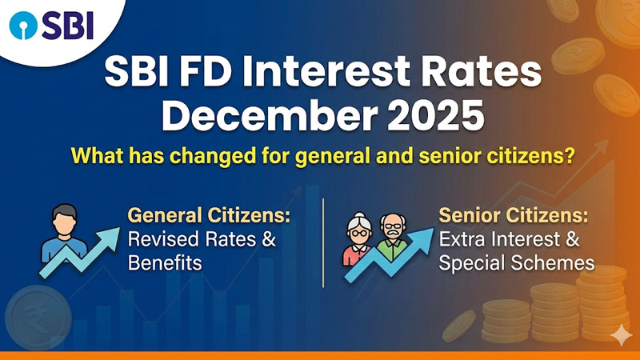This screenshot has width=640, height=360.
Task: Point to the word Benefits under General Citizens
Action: pos(163,262)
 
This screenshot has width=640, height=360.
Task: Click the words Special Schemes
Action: pos(517,262)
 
